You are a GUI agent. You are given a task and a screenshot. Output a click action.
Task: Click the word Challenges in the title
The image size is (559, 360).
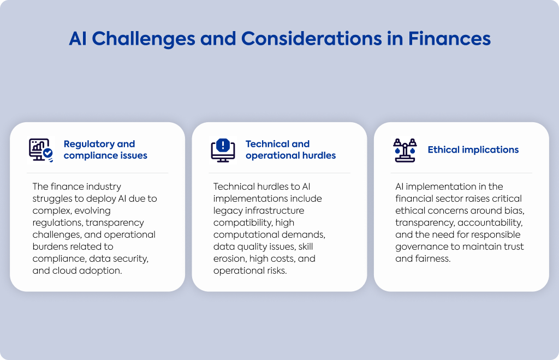click(144, 39)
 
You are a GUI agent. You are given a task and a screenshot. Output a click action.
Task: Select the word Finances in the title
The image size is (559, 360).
click(449, 39)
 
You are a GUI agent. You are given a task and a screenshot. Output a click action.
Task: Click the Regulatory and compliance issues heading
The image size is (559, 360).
click(105, 149)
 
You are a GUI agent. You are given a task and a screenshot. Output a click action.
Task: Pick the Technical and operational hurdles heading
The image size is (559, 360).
click(290, 149)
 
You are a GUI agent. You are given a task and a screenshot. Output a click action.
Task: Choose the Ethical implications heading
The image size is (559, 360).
click(473, 149)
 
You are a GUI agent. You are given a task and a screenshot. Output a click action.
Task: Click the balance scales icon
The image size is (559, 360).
click(405, 150)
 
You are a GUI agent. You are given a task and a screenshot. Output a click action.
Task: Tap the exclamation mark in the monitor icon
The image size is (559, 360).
click(223, 145)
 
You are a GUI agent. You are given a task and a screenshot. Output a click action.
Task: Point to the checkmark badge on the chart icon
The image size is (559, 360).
click(48, 153)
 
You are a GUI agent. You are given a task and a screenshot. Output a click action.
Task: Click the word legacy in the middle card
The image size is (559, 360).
click(225, 211)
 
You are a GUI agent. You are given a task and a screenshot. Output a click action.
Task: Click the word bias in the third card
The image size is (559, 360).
click(514, 211)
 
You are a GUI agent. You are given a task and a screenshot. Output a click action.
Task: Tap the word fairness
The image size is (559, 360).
click(433, 259)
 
